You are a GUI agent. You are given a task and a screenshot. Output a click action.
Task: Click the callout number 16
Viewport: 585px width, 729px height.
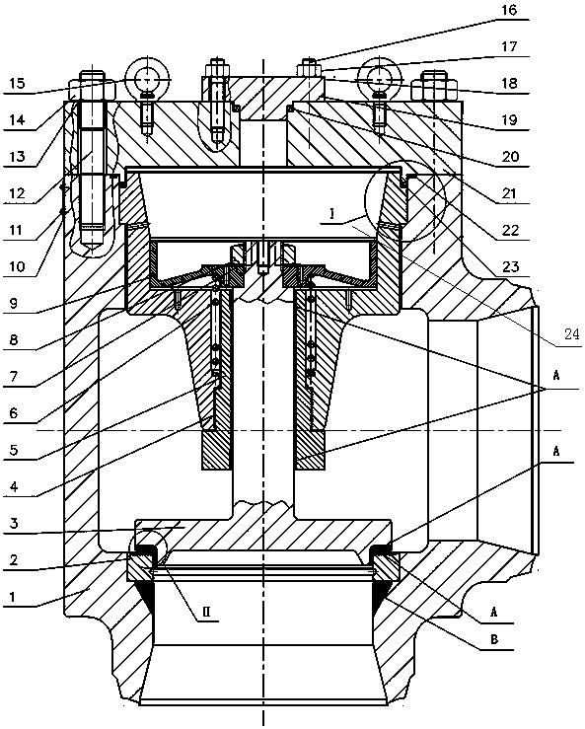click(509, 10)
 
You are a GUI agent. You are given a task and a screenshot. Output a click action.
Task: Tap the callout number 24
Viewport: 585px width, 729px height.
click(571, 333)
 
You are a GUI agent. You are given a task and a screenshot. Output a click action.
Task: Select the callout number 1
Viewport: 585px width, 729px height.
click(14, 597)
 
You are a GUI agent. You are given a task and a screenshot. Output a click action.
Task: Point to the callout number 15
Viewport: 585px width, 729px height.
click(17, 83)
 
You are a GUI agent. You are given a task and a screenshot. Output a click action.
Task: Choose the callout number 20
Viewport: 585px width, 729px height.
click(510, 157)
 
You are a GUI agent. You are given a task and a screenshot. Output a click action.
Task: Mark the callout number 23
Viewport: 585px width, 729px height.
click(510, 266)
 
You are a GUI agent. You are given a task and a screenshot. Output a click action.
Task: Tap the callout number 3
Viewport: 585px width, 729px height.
click(14, 524)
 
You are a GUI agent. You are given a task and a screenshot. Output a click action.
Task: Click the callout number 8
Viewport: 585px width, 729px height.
click(14, 340)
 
